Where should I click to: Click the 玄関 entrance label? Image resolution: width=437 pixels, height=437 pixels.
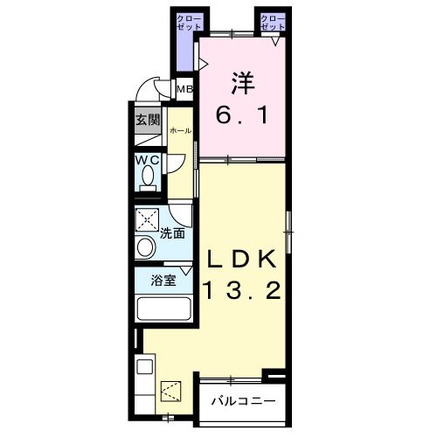coord(148,120)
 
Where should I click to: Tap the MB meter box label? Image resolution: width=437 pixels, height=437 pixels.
coord(185,89)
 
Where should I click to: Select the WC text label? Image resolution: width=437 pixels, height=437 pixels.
coord(148,160)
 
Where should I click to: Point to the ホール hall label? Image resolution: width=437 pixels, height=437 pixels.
coord(181,131)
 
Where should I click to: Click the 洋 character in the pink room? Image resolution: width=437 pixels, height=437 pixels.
coord(242,83)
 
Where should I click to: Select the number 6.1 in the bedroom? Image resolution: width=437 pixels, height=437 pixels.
coord(242,115)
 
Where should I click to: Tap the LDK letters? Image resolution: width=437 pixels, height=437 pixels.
coord(241,259)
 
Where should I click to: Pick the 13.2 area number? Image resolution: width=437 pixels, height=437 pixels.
coord(243,290)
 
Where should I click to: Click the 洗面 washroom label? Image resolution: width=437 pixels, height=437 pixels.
coord(172,233)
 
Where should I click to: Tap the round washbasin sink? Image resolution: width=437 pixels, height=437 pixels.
coord(145,247)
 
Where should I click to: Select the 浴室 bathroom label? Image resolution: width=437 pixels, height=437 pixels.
coord(163,281)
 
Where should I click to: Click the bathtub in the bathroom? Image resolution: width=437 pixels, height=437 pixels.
coord(164,309)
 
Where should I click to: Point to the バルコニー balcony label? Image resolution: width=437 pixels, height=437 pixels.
coord(243,401)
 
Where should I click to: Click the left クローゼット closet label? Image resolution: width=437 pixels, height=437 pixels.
coord(190,23)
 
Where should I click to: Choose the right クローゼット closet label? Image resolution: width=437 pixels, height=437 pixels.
coord(273,23)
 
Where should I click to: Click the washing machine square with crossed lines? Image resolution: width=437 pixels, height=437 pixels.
coord(147,219)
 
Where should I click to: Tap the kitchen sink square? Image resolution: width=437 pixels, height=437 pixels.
coord(145,367)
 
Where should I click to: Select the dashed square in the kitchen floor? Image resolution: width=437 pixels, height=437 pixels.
coord(171,391)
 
